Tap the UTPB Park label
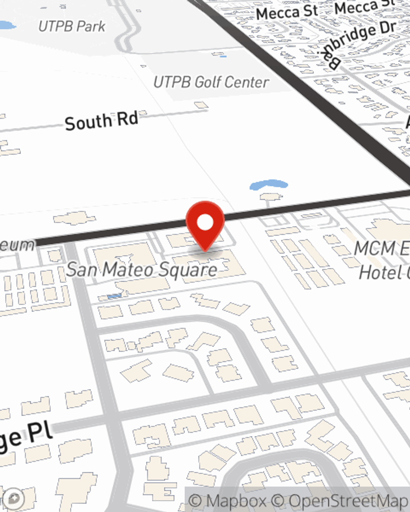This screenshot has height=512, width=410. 72,27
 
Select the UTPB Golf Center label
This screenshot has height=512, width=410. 211,82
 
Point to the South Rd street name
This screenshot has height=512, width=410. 101,121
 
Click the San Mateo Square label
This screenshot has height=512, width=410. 142,270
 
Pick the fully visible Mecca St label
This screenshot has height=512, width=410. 287,13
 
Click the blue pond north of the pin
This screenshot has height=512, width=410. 269,185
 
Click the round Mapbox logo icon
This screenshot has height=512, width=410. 14,499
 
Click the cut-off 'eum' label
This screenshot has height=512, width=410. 16,245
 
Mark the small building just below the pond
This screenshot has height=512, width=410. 271,197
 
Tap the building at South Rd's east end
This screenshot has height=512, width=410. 201,106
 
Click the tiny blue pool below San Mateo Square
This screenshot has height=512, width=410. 114,296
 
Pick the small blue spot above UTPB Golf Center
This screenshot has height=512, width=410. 222,55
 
